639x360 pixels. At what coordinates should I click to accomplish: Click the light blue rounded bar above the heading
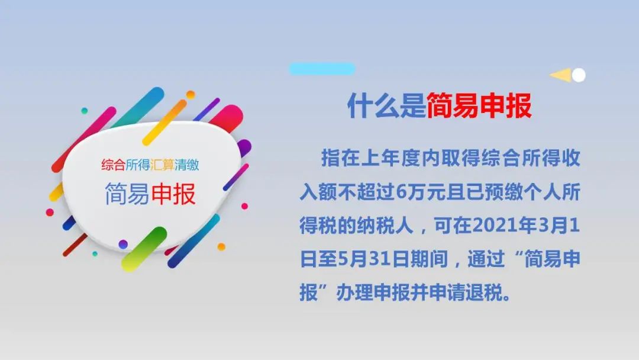(x=322, y=69)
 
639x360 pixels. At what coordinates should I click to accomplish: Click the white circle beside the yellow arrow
(x=579, y=75)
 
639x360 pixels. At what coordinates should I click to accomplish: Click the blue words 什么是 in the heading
(x=386, y=106)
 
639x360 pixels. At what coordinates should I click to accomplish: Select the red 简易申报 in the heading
(x=479, y=106)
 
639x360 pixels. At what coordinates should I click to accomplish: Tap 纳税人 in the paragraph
(x=385, y=226)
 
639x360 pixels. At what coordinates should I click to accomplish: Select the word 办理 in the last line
(x=354, y=292)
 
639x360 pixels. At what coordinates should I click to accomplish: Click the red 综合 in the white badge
(x=113, y=165)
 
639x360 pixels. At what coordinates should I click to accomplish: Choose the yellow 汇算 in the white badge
(x=162, y=165)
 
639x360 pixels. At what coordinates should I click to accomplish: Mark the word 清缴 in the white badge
(x=186, y=165)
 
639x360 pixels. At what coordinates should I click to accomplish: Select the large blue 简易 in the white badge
(x=127, y=194)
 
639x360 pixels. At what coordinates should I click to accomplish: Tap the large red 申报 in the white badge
(x=173, y=194)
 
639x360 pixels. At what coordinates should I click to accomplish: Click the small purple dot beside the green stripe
(x=123, y=244)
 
